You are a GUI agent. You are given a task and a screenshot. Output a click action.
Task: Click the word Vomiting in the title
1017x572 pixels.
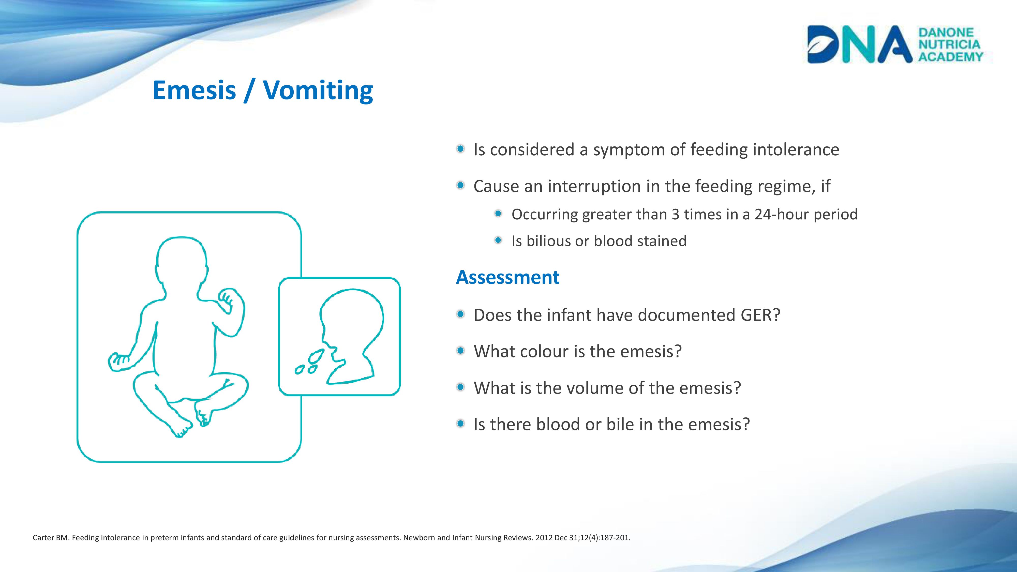[318, 91]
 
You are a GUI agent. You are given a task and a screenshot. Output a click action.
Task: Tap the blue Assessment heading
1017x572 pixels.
[508, 277]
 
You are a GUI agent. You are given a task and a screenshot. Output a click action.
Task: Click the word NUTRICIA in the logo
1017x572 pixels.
[949, 44]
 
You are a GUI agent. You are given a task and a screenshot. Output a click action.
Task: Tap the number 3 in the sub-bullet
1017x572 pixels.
[676, 214]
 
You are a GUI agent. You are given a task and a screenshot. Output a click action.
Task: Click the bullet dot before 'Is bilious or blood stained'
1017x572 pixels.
[498, 240]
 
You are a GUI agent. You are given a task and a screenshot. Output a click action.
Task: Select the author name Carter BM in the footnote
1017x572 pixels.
[51, 538]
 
